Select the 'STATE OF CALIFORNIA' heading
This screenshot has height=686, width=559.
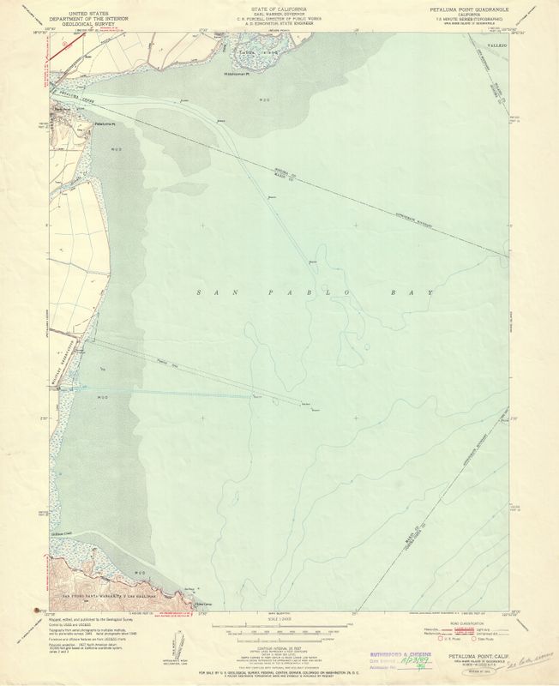[276, 9]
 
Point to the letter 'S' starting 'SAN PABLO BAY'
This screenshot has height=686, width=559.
[200, 294]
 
